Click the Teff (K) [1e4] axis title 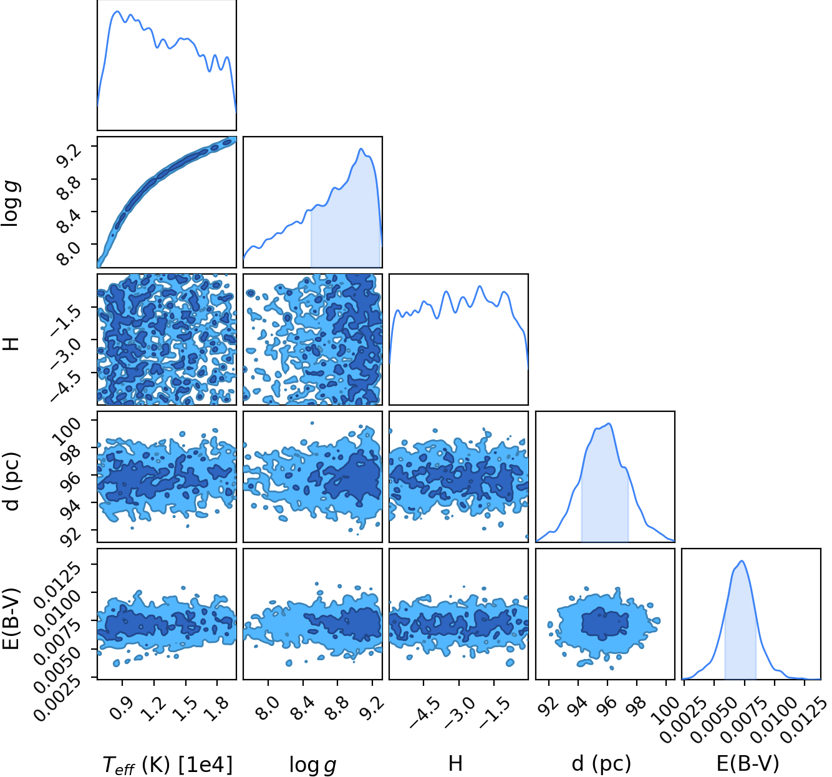pos(167,765)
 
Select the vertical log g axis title pos(11,204)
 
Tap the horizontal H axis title pos(455,763)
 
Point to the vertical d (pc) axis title pos(12,481)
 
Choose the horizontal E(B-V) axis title pos(748,763)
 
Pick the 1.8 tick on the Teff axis pos(218,708)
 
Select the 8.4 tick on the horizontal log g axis pos(304,708)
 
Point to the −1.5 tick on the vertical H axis pos(66,321)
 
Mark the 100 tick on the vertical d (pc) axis pos(65,431)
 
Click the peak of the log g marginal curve pos(360,149)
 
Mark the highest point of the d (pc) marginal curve pos(609,424)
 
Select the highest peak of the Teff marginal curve pos(117,11)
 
